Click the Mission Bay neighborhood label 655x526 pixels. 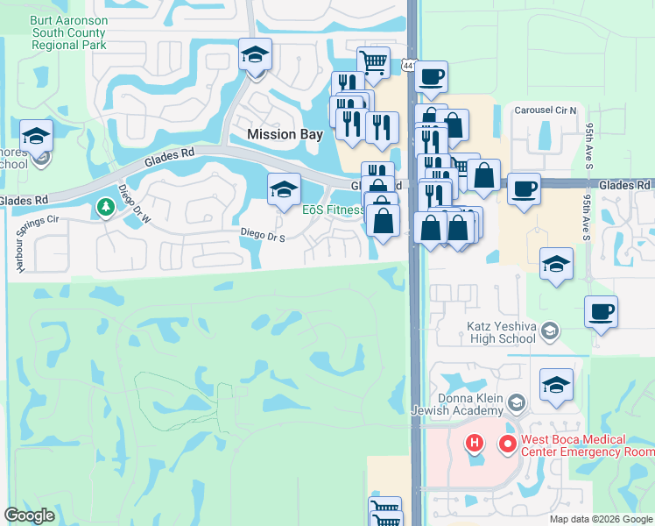pos(285,135)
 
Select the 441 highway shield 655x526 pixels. pos(410,65)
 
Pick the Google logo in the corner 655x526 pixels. pos(30,515)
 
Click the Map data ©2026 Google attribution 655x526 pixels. pos(600,519)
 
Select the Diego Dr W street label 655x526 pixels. pos(134,204)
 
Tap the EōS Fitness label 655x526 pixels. pos(334,210)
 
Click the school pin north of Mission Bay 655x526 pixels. pos(255,55)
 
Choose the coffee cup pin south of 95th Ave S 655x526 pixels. pos(601,312)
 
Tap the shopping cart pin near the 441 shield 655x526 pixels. pos(373,62)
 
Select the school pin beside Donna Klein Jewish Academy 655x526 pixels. pos(556,385)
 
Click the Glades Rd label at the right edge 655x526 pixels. pos(625,185)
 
